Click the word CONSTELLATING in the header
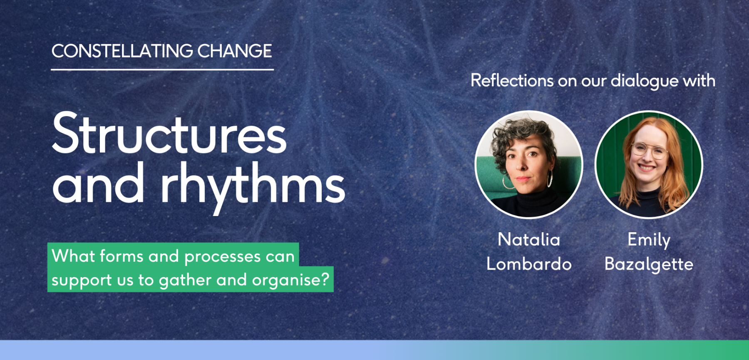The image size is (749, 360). [x=122, y=51]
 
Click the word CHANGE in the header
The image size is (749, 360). [x=234, y=51]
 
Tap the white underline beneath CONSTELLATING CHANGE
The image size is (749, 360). [x=162, y=70]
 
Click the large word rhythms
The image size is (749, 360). [x=253, y=185]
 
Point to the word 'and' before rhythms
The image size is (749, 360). [x=99, y=185]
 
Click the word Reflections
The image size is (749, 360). [x=512, y=81]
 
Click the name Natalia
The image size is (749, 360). [x=529, y=240]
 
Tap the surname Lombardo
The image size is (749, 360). [x=529, y=264]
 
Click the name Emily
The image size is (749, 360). [x=649, y=240]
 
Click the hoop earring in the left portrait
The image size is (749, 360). [x=550, y=179]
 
